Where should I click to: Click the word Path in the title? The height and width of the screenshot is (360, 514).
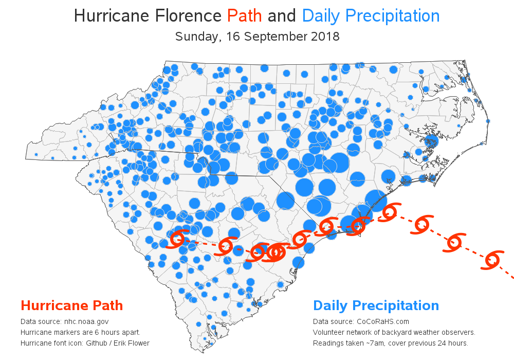pos(245,16)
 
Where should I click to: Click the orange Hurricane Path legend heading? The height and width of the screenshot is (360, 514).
pos(71,305)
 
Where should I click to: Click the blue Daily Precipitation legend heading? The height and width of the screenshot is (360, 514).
pos(376,305)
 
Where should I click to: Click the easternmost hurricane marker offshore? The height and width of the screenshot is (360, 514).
pos(492,259)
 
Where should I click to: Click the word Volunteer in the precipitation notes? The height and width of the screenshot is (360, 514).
pos(328,332)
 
